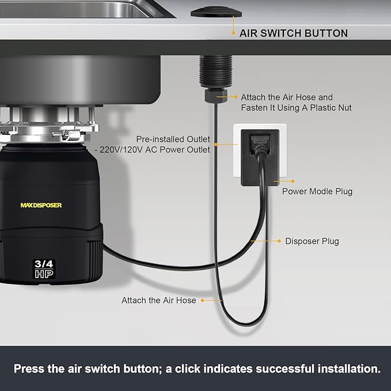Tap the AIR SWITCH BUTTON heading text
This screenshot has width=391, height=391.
[293, 33]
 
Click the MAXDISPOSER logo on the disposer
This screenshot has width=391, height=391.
[41, 205]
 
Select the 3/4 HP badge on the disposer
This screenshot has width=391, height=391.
[44, 269]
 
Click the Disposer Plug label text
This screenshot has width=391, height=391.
[312, 241]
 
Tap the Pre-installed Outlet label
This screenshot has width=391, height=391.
[173, 139]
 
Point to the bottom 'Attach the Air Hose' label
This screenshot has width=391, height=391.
[158, 300]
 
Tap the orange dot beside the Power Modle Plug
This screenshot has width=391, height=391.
[277, 182]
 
